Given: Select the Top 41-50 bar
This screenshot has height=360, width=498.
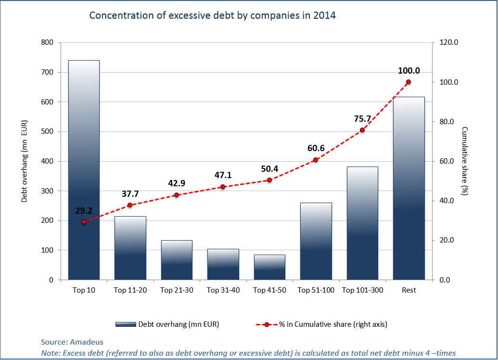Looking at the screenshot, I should [269, 267].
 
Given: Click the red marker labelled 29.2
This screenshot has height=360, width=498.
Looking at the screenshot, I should [84, 222].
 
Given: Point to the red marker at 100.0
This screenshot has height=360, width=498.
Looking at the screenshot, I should [409, 82].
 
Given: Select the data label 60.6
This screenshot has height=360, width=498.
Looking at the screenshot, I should [316, 148].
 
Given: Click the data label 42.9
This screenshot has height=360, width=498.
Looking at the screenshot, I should [177, 183].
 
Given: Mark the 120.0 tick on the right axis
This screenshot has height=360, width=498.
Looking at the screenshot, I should [448, 42].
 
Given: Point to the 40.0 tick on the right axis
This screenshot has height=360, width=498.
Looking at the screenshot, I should [447, 201].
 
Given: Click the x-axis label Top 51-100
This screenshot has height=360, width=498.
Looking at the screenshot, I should [316, 290].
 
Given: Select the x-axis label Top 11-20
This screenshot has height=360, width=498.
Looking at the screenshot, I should [130, 290].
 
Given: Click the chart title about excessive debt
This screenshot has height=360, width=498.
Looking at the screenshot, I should [212, 15].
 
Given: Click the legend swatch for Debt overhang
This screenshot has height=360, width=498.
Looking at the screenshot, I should [126, 324].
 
